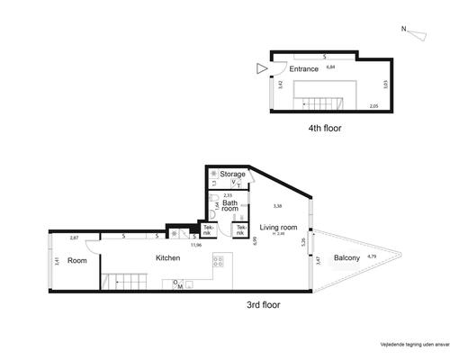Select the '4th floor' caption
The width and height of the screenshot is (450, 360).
tap(325, 128)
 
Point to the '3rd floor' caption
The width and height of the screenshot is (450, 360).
tap(263, 305)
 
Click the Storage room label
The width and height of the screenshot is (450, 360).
tap(233, 174)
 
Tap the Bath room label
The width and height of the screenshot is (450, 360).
tap(230, 207)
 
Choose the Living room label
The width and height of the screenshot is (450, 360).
tap(278, 228)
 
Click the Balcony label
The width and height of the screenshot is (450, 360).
tap(347, 258)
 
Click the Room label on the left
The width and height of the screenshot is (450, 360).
tap(76, 260)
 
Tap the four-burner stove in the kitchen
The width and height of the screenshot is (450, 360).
tap(217, 262)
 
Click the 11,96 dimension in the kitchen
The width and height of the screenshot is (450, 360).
tap(195, 245)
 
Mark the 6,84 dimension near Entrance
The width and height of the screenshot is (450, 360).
tap(330, 66)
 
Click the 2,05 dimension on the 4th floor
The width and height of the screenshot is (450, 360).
tap(373, 106)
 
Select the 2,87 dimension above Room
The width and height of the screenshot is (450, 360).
tap(74, 238)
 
